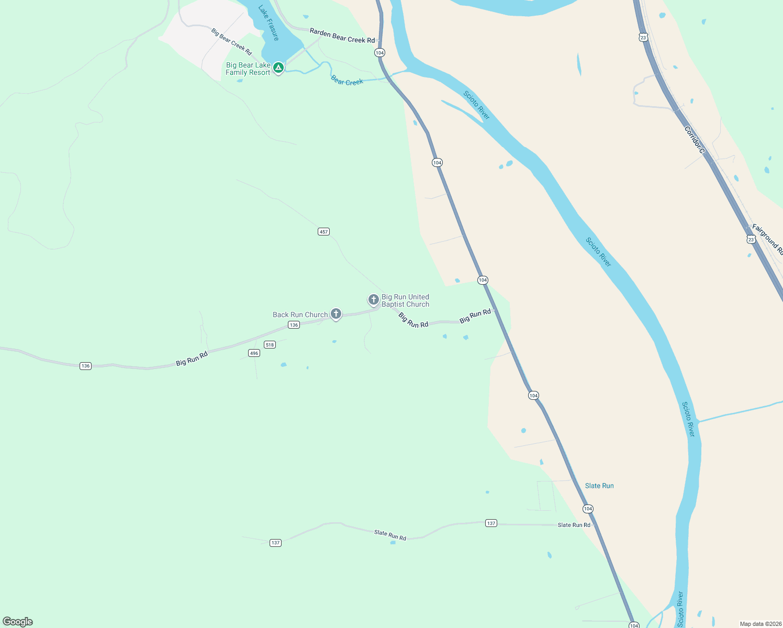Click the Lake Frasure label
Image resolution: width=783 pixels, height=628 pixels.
click(x=269, y=23)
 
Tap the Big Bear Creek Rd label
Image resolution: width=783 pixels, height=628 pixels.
click(x=231, y=41)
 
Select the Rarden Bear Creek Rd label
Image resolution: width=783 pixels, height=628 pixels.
click(x=342, y=36)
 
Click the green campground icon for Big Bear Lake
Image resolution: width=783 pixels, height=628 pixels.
click(x=278, y=68)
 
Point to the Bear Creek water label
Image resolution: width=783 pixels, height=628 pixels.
click(x=347, y=81)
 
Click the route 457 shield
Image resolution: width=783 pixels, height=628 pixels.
click(x=323, y=231)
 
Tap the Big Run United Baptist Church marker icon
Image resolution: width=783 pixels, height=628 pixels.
click(x=373, y=299)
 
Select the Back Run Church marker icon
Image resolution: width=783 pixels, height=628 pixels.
click(x=336, y=313)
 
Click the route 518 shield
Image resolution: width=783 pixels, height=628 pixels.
click(x=270, y=344)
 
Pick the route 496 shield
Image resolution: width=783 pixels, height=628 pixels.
click(x=254, y=353)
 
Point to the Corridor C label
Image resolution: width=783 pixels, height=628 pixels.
click(x=695, y=140)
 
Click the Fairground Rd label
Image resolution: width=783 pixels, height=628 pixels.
click(x=767, y=239)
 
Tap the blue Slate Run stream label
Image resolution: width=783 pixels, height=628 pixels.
click(x=599, y=486)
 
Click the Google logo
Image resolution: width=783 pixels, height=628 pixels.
click(x=18, y=622)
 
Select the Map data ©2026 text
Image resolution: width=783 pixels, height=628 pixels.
click(x=759, y=624)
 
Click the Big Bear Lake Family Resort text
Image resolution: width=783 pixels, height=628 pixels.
click(x=248, y=69)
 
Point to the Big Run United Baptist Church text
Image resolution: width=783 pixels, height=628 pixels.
click(x=405, y=300)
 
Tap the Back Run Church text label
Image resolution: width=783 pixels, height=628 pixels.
click(x=300, y=315)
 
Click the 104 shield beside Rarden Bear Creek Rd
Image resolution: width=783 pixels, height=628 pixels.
click(x=379, y=53)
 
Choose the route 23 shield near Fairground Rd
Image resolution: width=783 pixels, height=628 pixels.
click(x=751, y=240)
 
